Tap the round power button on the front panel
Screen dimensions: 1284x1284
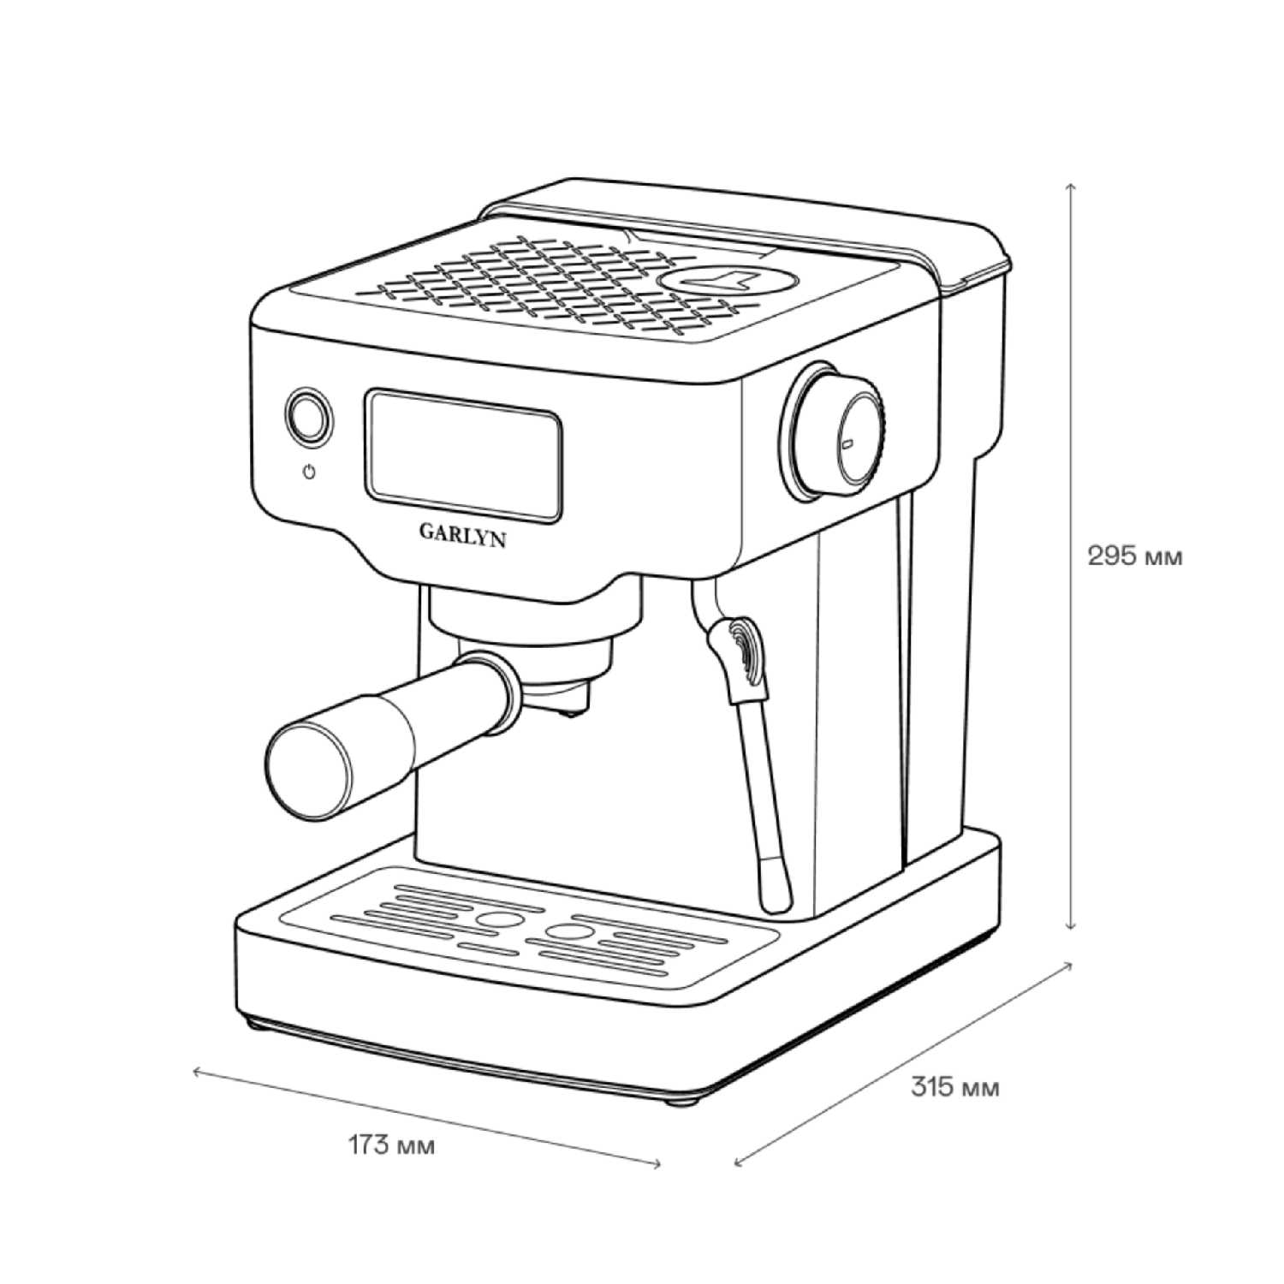(308, 418)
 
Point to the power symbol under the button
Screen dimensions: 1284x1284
(309, 472)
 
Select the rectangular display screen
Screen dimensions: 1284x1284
(464, 455)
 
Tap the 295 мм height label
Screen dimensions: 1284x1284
(1134, 556)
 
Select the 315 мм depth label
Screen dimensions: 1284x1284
(954, 1088)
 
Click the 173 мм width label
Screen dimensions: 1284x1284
(391, 1145)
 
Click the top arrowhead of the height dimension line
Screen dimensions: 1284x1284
(1070, 185)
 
